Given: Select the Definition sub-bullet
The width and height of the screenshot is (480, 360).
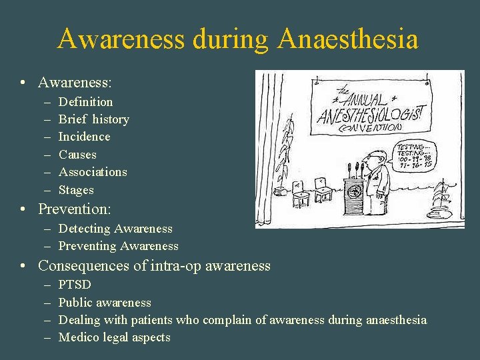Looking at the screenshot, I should click(x=85, y=102).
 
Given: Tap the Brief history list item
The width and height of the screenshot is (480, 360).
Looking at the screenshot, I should click(x=93, y=119).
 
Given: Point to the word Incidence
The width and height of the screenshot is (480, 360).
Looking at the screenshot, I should click(x=84, y=137).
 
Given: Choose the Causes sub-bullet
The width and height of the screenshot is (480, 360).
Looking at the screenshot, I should click(x=77, y=155).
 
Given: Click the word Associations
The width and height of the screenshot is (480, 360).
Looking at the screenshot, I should click(x=93, y=172).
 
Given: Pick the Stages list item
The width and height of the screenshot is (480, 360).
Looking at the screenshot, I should click(x=76, y=190).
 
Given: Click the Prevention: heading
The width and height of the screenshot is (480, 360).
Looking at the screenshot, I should click(x=74, y=209).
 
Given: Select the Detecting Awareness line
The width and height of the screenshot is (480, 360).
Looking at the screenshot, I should click(x=115, y=229).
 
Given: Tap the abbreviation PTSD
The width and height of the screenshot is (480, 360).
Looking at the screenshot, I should click(x=75, y=285).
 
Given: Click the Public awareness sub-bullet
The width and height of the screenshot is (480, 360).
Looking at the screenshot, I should click(x=105, y=303).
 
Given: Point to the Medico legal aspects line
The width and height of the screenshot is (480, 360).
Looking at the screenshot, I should click(x=114, y=337).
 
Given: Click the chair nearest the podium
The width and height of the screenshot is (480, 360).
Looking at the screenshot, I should click(x=325, y=190).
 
